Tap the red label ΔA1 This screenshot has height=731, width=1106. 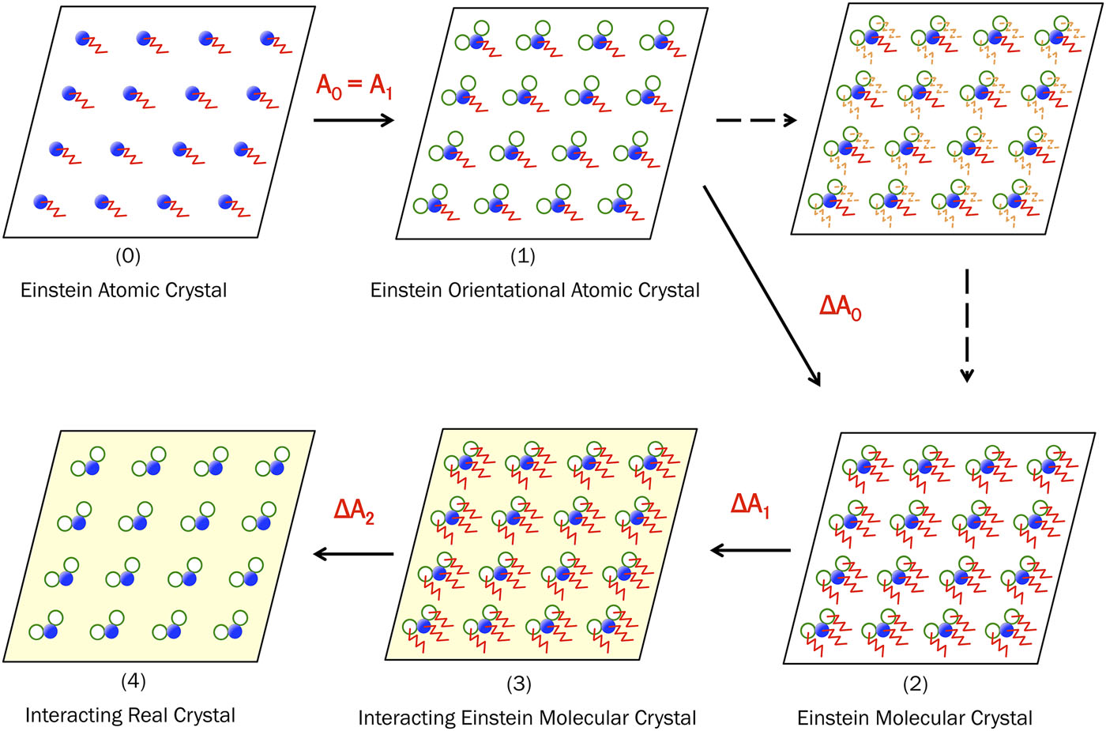click(750, 505)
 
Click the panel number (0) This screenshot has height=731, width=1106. click(128, 256)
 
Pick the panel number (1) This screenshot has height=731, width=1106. click(522, 256)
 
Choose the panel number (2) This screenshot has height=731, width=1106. click(915, 684)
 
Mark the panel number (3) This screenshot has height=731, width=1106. click(520, 684)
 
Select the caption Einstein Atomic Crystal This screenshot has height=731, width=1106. click(124, 291)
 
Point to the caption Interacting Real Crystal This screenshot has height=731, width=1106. click(130, 715)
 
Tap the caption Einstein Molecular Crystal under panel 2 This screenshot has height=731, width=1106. click(915, 718)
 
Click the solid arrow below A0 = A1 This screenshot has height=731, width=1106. click(354, 120)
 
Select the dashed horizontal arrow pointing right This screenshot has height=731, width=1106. click(756, 120)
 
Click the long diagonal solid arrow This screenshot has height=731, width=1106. click(762, 286)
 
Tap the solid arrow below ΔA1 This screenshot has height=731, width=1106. click(750, 550)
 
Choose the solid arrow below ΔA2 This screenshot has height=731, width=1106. click(354, 554)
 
